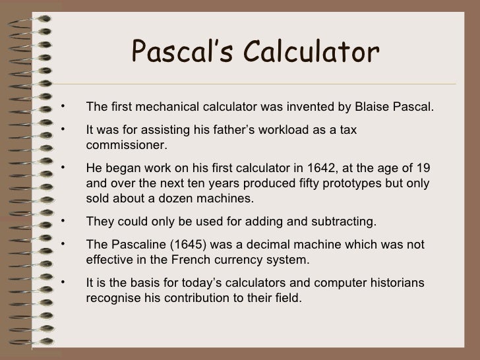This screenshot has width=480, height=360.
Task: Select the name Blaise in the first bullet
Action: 376,107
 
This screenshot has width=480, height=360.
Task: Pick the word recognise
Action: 113,297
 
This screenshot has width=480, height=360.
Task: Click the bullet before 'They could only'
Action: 61,220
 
